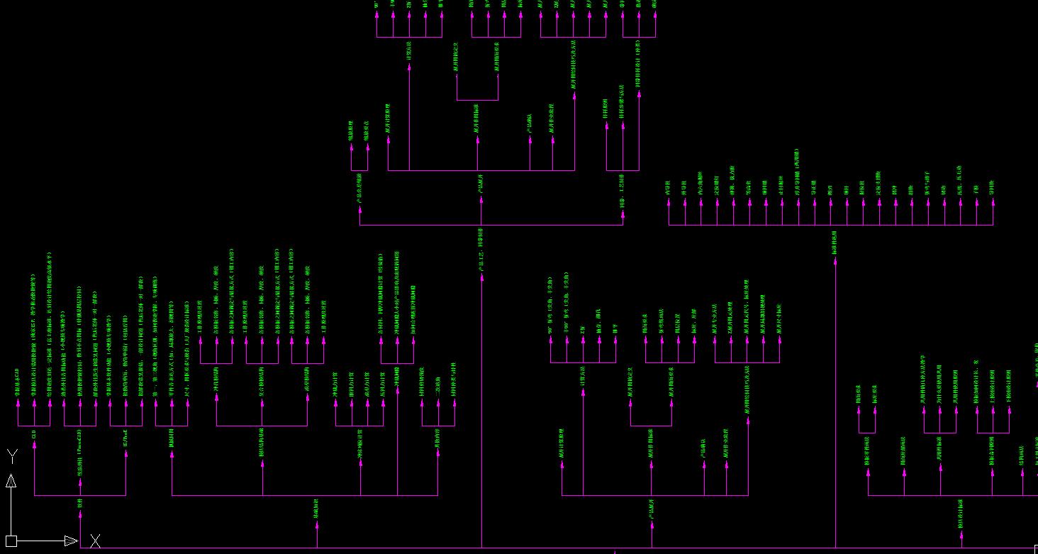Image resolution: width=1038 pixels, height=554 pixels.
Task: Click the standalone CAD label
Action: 34,433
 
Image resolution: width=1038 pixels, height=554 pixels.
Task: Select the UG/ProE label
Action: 126,440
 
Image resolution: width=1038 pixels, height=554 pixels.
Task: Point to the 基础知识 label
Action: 316,507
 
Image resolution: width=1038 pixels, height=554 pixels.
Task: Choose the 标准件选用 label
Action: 835,242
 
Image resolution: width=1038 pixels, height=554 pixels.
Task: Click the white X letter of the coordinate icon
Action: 95,541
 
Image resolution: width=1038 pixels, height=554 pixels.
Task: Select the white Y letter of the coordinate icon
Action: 11,455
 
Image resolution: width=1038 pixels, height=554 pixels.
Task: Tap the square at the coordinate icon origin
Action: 11,541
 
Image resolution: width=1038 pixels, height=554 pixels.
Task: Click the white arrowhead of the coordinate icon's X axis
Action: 71,541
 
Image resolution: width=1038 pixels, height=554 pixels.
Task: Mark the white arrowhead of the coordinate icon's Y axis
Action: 11,482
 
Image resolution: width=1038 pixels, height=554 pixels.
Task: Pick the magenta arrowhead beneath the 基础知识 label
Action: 317,525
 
